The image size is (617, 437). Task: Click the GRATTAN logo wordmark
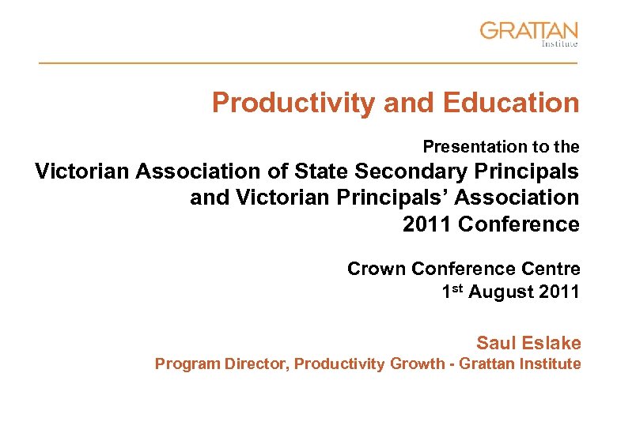[528, 32]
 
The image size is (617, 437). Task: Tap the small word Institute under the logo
[559, 45]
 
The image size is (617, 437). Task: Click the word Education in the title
[512, 103]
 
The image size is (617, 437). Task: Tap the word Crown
[374, 269]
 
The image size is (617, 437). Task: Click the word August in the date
[500, 292]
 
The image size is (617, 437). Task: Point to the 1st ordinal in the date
[452, 291]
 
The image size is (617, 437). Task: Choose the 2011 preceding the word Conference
[428, 224]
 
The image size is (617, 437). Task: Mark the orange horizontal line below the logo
[308, 62]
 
